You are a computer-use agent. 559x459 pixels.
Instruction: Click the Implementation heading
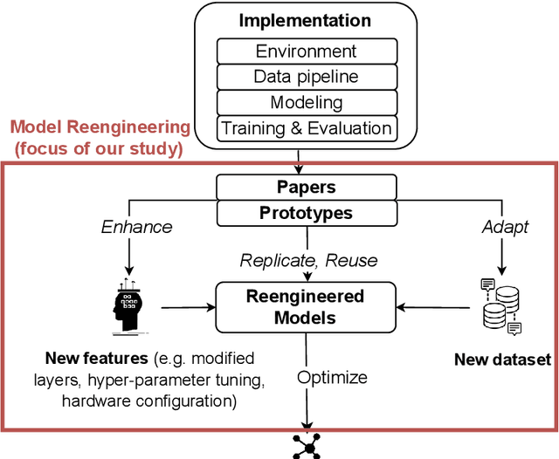pos(305,20)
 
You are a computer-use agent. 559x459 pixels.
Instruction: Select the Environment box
pos(306,51)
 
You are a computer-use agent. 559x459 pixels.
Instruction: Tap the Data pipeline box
pos(306,77)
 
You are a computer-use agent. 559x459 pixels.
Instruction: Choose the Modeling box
pos(306,102)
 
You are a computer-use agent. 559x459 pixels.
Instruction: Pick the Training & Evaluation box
pos(306,128)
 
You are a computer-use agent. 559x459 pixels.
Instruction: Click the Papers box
pos(306,187)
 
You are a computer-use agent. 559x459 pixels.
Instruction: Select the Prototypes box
pos(306,212)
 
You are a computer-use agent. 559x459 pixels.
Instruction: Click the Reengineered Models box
pos(305,306)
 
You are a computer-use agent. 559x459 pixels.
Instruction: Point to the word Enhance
pos(137,226)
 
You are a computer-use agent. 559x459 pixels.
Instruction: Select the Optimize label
pos(333,378)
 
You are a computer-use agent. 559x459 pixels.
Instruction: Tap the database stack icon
pos(501,306)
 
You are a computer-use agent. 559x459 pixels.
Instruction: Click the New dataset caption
pos(501,360)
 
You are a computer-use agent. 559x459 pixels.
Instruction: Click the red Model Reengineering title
pos(100,127)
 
